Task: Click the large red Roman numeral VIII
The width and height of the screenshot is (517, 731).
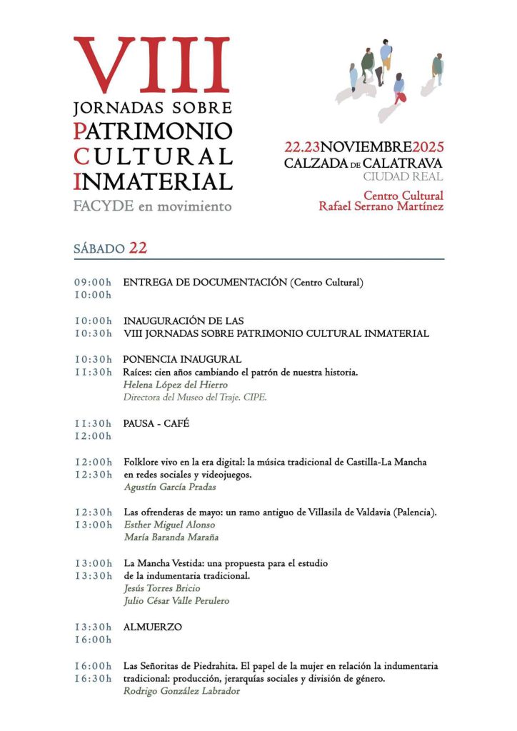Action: (152, 66)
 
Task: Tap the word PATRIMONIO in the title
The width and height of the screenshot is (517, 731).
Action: (153, 131)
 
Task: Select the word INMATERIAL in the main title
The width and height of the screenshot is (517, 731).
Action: (153, 181)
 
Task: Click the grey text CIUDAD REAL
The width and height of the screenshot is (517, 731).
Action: (403, 177)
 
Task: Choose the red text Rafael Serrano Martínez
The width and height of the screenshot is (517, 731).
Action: (381, 207)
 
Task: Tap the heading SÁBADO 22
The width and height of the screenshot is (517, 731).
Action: (110, 248)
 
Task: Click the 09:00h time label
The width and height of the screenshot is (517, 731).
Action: (93, 283)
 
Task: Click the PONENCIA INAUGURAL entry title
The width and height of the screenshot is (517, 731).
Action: (182, 359)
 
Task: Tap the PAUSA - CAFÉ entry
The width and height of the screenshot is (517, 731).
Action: (156, 423)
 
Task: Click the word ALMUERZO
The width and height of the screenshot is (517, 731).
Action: (153, 627)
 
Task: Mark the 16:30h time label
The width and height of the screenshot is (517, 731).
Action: (93, 678)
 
